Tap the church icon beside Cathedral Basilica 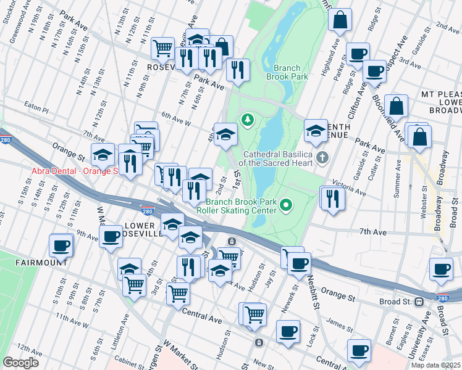pyautogui.click(x=322, y=158)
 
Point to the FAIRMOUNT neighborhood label pyautogui.click(x=42, y=262)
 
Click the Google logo pyautogui.click(x=21, y=363)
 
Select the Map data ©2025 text pyautogui.click(x=435, y=365)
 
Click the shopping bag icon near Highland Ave pyautogui.click(x=340, y=22)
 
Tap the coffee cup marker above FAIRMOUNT pyautogui.click(x=61, y=246)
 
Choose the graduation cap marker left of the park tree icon pyautogui.click(x=226, y=134)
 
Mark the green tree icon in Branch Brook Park pyautogui.click(x=248, y=118)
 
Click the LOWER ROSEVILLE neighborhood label pyautogui.click(x=143, y=230)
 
